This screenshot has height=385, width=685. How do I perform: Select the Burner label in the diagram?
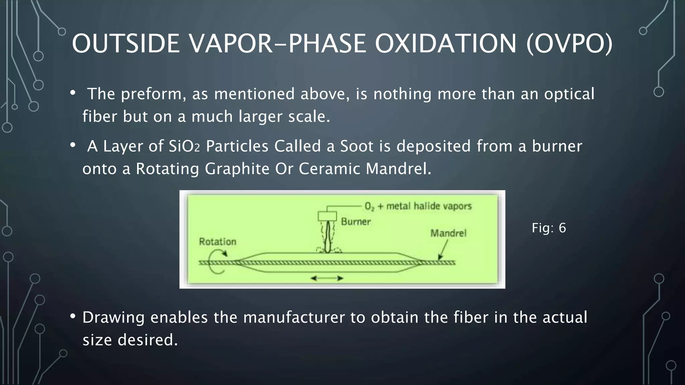356,222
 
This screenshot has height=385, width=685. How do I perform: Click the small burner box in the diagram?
327,216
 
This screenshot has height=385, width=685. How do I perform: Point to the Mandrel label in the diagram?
448,233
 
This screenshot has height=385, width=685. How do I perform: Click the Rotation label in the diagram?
217,242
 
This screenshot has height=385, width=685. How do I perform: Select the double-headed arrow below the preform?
327,278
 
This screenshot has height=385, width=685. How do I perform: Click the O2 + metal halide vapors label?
418,206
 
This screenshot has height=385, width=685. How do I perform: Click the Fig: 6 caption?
549,228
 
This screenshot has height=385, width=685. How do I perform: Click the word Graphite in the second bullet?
237,168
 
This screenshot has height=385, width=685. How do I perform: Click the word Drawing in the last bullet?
113,317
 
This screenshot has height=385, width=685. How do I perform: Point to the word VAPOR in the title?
231,43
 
